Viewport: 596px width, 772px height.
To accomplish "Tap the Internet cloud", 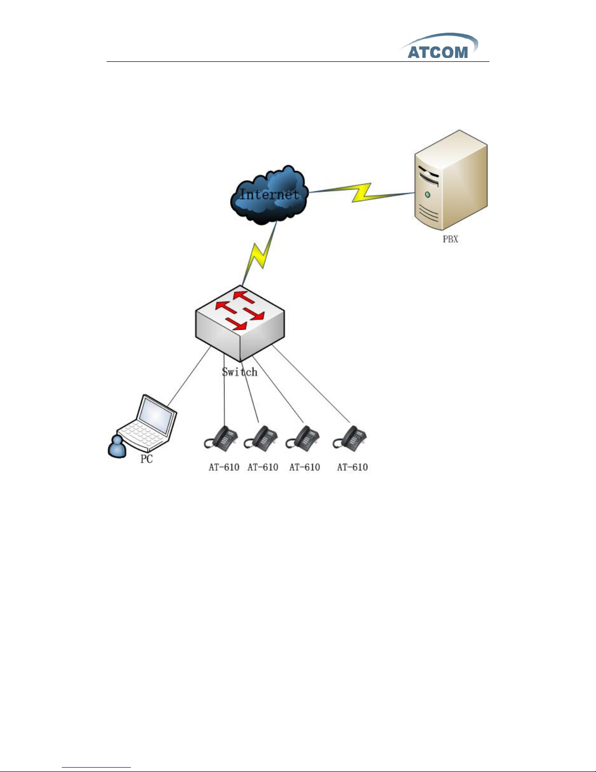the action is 269,195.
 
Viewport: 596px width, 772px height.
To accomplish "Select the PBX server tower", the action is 451,180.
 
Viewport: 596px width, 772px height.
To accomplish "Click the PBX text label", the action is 450,239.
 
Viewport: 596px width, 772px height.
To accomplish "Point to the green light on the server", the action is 428,195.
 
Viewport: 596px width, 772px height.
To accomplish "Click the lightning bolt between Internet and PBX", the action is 361,192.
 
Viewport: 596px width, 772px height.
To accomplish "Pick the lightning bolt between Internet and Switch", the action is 259,253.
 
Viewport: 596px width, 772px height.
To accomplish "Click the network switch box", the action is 240,323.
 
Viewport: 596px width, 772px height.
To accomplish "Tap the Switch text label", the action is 240,372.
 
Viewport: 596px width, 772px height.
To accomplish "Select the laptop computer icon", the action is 147,423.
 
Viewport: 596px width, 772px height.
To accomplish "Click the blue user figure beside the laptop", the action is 117,447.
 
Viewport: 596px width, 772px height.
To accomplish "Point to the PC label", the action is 146,459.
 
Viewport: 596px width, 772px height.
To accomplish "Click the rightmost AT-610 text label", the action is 352,467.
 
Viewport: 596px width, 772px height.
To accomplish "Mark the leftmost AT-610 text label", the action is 224,467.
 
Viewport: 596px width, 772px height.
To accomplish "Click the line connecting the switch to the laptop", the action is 189,376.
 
